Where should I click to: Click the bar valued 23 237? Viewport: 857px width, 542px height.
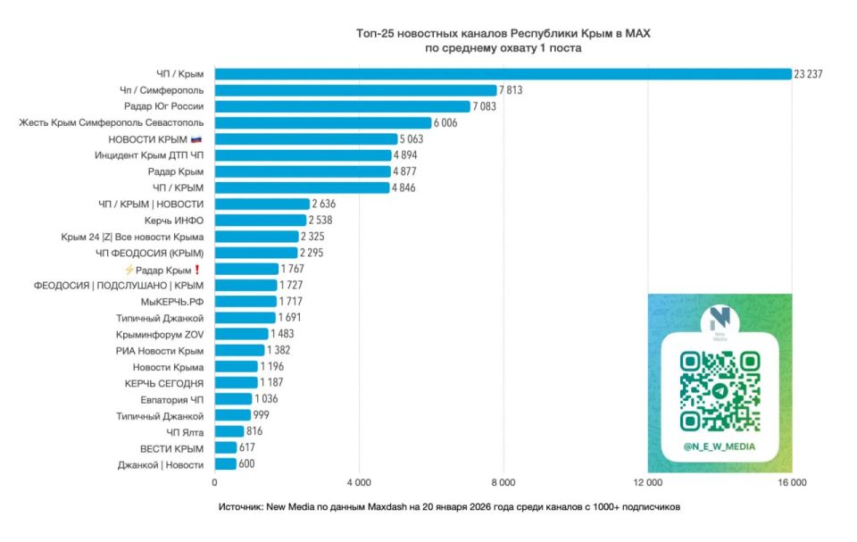503,74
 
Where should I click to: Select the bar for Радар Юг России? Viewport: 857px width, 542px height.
342,106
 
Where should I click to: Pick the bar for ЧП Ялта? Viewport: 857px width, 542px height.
229,431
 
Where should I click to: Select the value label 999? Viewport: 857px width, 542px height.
262,415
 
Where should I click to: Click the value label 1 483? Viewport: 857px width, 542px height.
282,334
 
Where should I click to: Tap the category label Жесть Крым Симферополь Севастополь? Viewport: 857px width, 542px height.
112,122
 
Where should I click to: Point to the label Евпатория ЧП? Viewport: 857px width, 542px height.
174,399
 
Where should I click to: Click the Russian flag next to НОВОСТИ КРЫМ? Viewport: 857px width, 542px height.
197,139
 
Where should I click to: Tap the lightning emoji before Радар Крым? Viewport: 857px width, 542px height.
129,270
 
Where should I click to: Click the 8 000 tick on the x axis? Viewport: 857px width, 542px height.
503,483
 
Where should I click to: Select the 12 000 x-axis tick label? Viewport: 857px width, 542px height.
647,483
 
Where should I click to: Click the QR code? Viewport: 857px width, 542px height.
720,389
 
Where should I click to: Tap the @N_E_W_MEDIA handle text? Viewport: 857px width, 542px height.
720,446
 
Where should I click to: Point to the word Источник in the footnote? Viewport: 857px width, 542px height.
242,507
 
